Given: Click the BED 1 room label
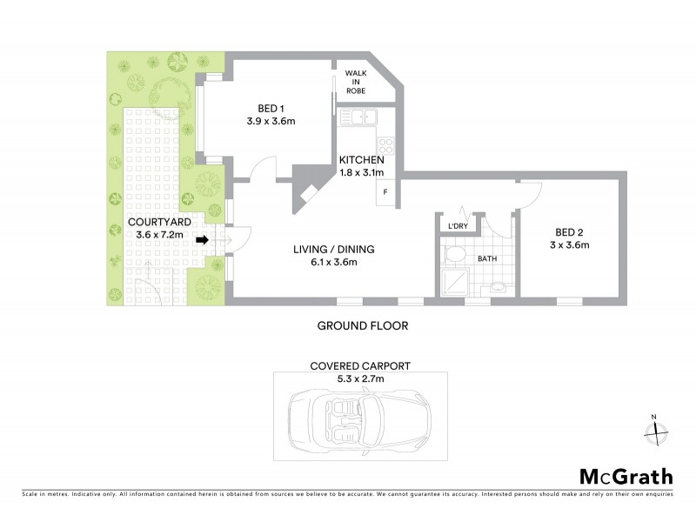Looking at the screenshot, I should pyautogui.click(x=271, y=109).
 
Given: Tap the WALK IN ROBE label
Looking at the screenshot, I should pyautogui.click(x=356, y=82).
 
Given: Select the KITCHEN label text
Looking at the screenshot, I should pyautogui.click(x=361, y=161).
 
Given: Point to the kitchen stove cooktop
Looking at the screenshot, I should pyautogui.click(x=385, y=144).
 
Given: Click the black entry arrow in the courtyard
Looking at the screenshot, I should pyautogui.click(x=203, y=240).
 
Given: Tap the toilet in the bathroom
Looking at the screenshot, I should pyautogui.click(x=452, y=255).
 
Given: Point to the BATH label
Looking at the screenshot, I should pyautogui.click(x=486, y=258).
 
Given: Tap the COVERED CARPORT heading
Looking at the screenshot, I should pyautogui.click(x=360, y=366).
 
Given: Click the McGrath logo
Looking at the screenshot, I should pyautogui.click(x=626, y=476).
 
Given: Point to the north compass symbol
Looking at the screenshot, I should pyautogui.click(x=656, y=428).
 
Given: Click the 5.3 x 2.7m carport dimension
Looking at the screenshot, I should pyautogui.click(x=360, y=378).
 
